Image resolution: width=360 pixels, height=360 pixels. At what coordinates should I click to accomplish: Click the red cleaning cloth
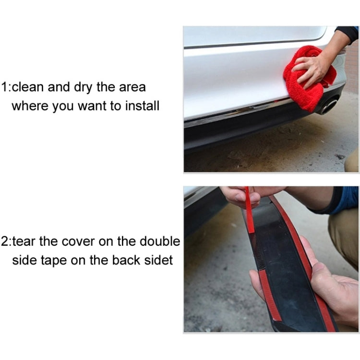click(307, 79)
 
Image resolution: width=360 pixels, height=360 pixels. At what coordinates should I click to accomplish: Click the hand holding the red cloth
click(312, 67)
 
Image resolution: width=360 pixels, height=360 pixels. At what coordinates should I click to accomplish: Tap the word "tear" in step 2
click(26, 241)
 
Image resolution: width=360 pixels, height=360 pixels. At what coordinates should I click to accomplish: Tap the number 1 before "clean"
click(4, 87)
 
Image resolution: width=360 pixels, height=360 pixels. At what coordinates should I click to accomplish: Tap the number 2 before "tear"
click(5, 241)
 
